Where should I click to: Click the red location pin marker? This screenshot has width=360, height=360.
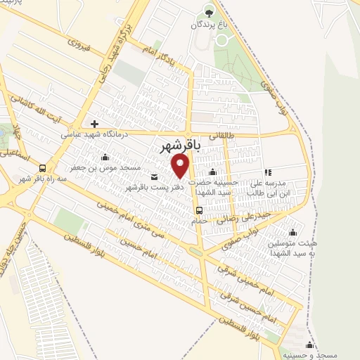(x=181, y=166)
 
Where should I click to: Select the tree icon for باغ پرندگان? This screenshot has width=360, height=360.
(x=208, y=11)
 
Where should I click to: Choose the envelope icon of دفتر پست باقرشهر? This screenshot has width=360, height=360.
(x=154, y=177)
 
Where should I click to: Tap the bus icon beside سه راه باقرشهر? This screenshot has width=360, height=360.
(x=43, y=168)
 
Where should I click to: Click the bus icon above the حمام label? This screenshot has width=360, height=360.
(x=200, y=210)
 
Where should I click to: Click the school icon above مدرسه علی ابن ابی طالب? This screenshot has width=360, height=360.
(x=267, y=172)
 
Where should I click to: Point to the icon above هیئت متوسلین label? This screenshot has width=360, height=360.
(x=292, y=232)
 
